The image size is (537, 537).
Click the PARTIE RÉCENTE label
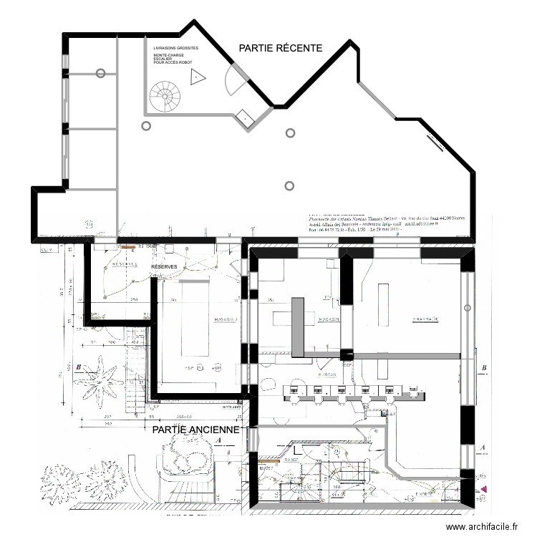(x=281, y=48)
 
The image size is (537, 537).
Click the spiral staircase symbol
(x=168, y=95)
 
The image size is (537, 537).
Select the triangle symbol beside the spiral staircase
(x=195, y=78)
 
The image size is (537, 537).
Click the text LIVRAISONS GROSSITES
(x=176, y=48)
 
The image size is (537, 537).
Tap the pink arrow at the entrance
(x=485, y=489)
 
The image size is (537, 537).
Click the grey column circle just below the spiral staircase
(x=146, y=126)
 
